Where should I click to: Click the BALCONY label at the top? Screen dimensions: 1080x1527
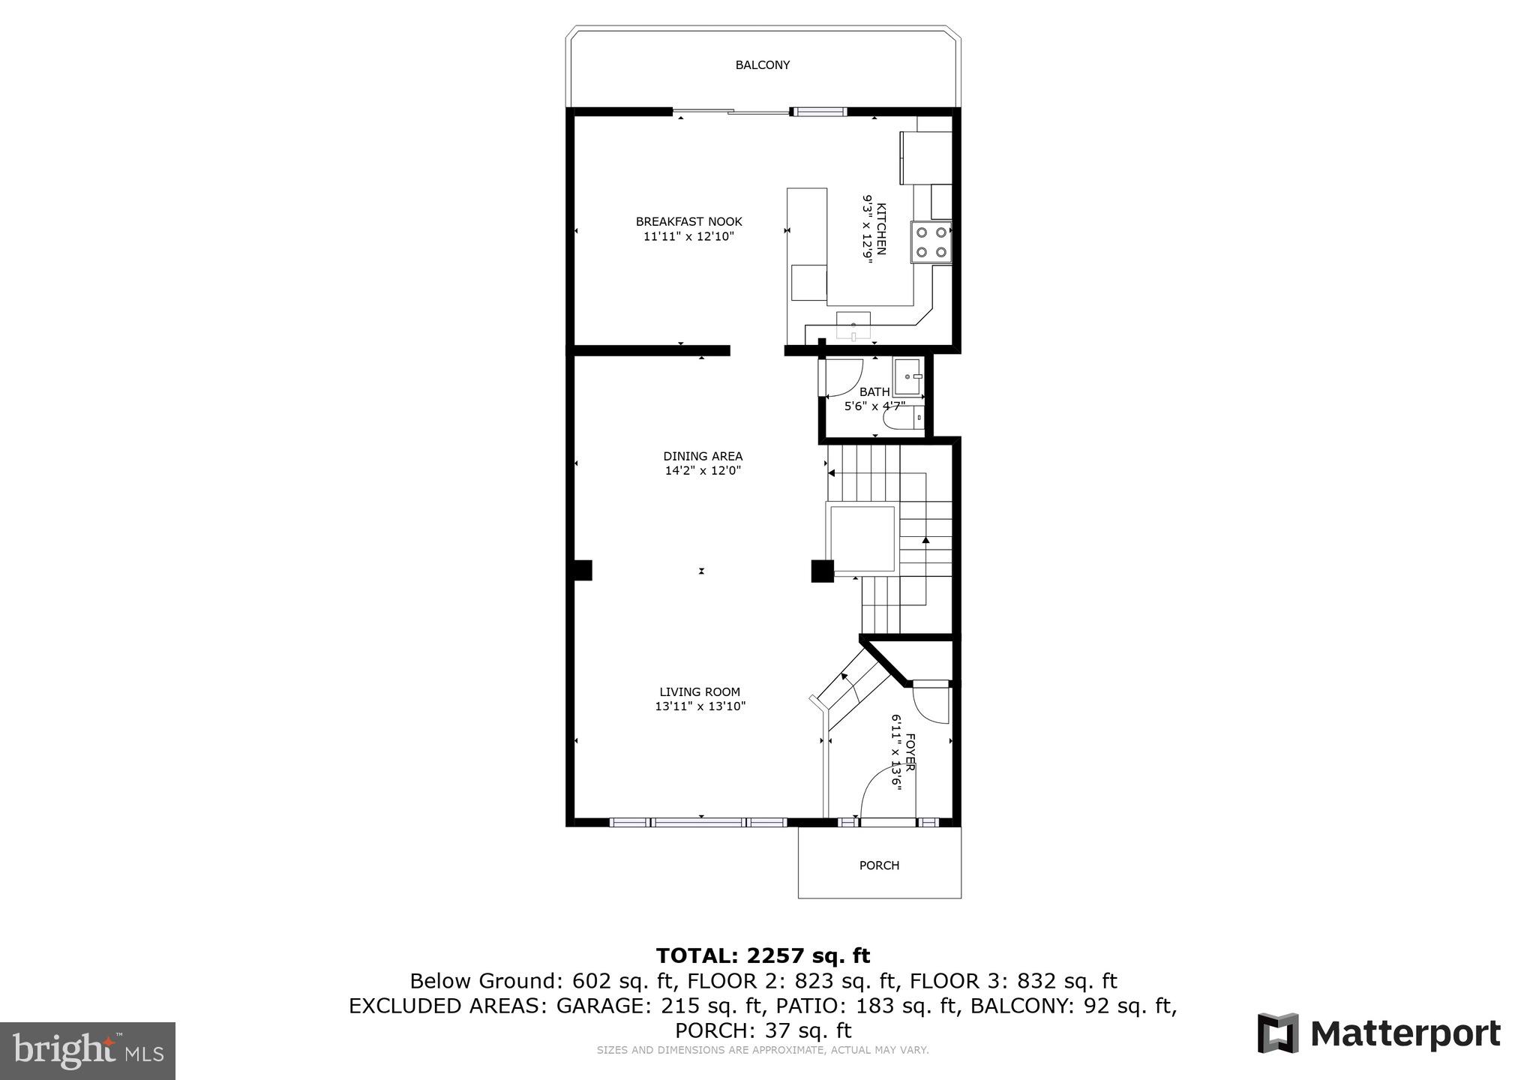762,65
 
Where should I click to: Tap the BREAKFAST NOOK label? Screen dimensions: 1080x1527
688,221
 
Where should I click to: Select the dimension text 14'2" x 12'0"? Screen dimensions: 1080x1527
703,471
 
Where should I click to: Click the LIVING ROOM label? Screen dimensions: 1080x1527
699,692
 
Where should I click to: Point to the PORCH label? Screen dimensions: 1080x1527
878,865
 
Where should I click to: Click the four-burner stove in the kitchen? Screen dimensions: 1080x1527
931,242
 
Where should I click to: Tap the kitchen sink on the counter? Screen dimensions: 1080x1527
853,325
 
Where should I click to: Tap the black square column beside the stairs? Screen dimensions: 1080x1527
822,571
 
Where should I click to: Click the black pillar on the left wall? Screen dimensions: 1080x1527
581,571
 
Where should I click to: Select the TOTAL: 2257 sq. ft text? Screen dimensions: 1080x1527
763,955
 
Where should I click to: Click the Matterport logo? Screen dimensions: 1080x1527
1378,1034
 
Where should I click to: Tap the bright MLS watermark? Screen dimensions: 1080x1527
88,1050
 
